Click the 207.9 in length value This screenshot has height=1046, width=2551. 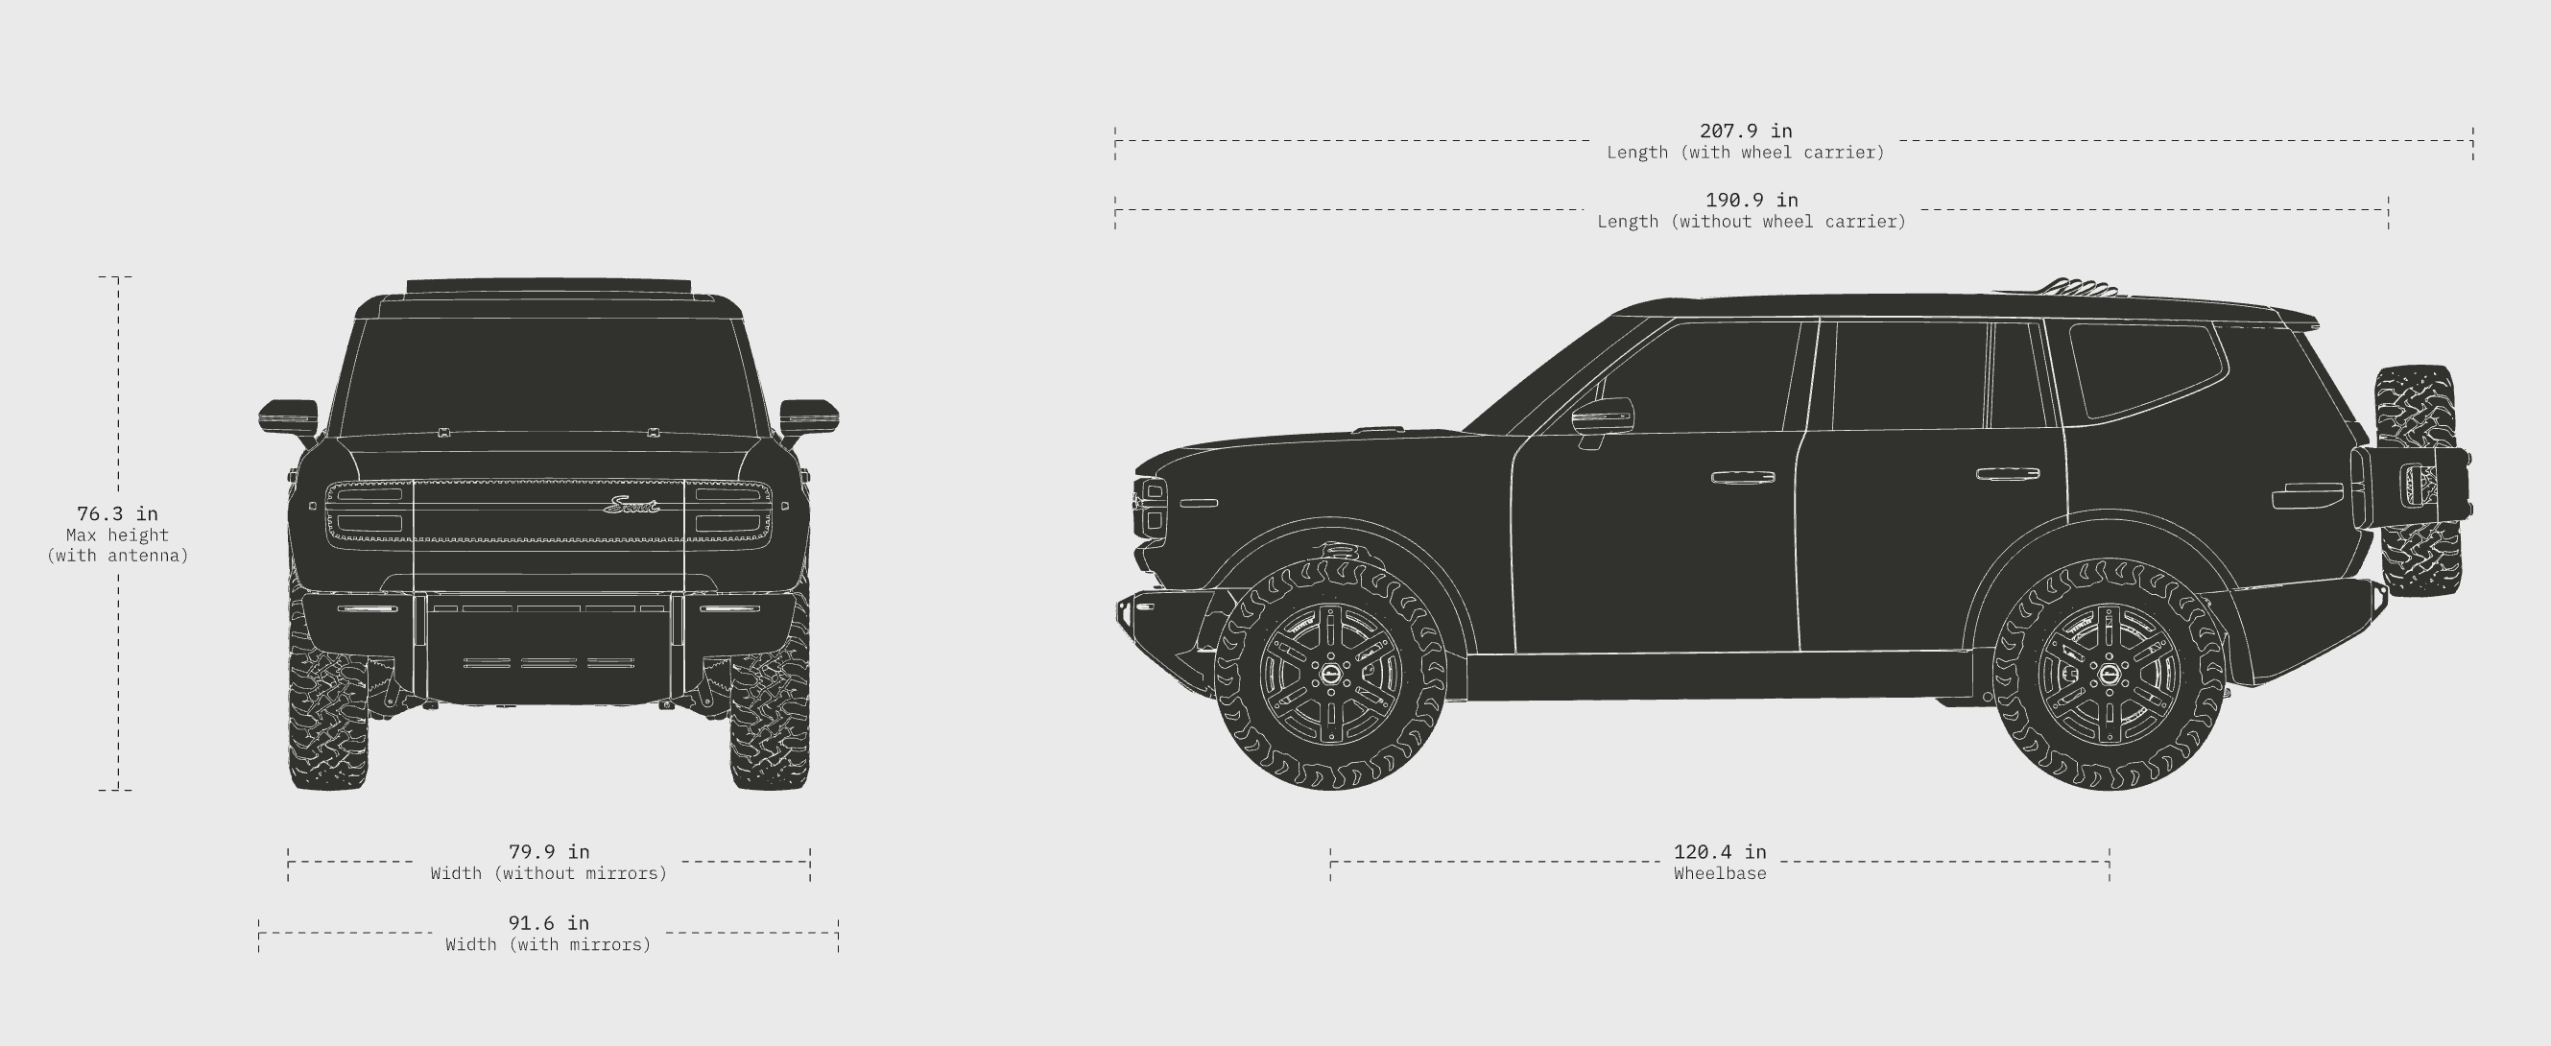[1746, 131]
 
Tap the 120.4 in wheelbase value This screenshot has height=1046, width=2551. [1720, 852]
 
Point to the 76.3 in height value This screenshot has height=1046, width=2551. [118, 514]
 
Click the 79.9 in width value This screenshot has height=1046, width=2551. [549, 852]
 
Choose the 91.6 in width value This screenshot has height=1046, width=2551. [549, 923]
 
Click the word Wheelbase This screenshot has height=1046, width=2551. [1720, 873]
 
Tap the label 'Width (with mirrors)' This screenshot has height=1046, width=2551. [549, 945]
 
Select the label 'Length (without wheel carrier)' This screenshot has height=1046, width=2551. [1751, 222]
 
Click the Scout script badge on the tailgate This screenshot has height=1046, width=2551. [631, 506]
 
